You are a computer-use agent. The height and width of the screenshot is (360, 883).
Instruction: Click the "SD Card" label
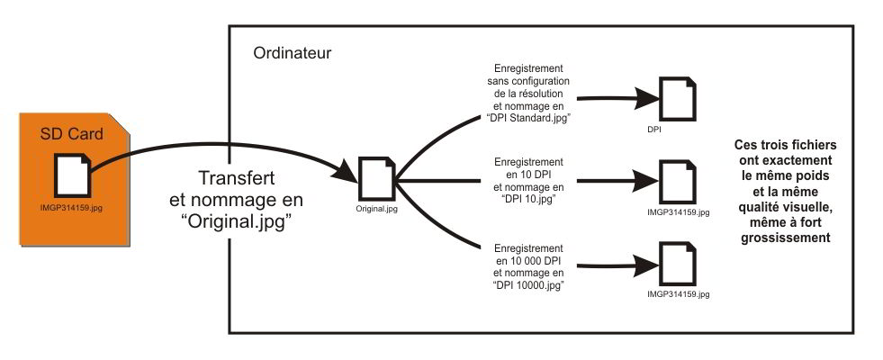click(71, 134)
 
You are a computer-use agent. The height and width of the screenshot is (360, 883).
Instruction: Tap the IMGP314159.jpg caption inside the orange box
click(71, 208)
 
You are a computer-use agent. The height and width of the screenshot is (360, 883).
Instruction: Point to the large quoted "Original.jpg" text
click(238, 221)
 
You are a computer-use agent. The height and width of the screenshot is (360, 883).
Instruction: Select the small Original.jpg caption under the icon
click(375, 209)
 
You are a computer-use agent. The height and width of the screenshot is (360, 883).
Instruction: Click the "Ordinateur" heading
click(293, 53)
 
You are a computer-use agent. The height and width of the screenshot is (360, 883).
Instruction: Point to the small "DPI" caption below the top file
click(655, 130)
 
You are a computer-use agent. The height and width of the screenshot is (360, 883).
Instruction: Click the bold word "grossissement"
click(786, 238)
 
